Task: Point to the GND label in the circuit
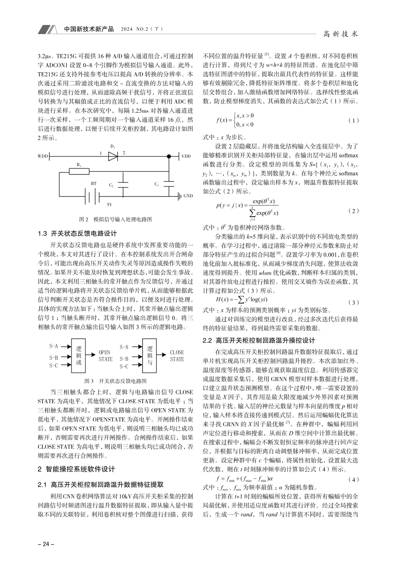188,196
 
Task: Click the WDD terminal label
43,157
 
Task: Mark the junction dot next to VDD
169,157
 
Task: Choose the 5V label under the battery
109,205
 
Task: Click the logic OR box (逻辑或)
78,356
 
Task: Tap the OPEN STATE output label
105,356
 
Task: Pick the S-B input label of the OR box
54,358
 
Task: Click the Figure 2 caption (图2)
115,219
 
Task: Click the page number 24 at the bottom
43,544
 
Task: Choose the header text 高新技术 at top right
341,34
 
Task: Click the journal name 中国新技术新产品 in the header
89,30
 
